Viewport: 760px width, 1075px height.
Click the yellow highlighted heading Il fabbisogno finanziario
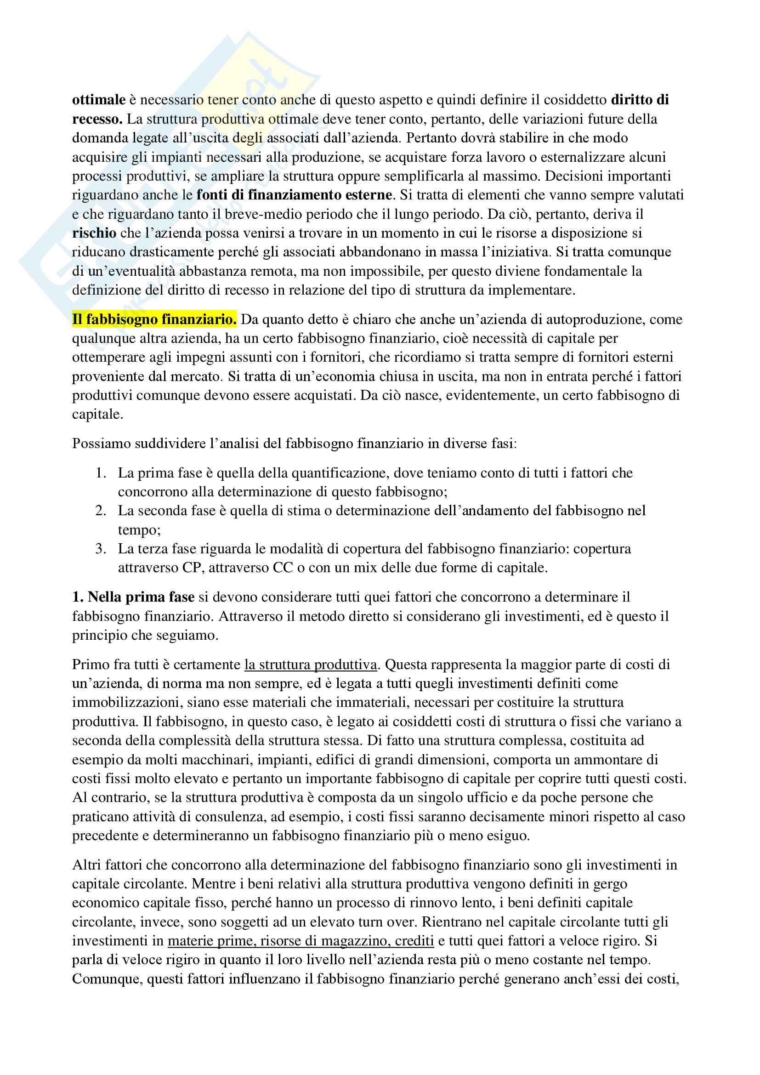point(154,319)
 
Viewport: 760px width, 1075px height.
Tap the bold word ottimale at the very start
point(99,100)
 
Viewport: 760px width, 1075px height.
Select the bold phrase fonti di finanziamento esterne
point(295,195)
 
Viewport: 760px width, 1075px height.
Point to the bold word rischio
point(94,233)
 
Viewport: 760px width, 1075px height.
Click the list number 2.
point(100,510)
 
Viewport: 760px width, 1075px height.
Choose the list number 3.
point(100,548)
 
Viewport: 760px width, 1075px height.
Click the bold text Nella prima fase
point(141,597)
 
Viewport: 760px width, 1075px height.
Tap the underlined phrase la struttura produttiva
point(311,665)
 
